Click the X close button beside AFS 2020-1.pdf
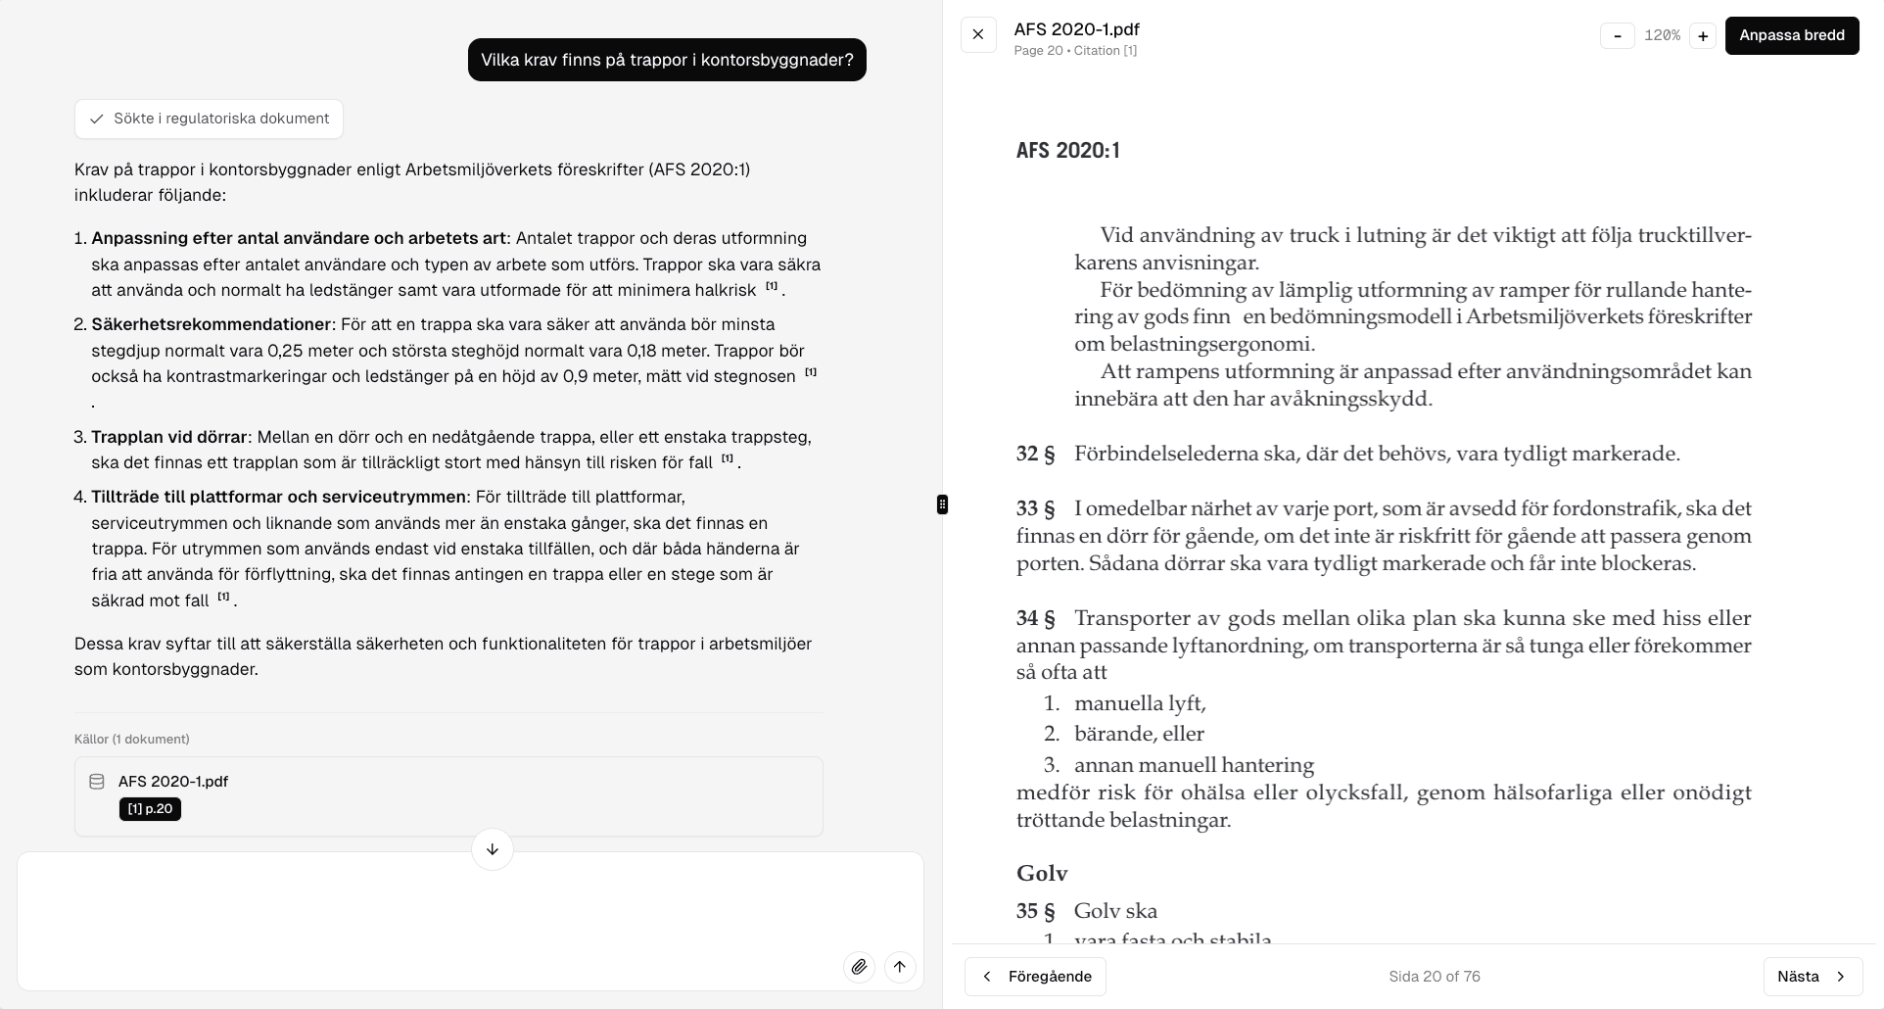978,35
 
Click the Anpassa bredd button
1791,35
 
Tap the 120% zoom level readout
1661,36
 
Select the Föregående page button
1035,977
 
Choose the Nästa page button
1813,977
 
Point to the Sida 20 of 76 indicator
1434,977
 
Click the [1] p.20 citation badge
150,809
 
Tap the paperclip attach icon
859,968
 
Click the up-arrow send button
900,968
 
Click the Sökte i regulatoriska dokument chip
209,119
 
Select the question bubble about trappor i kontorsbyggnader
667,60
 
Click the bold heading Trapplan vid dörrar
169,437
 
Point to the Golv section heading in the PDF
1042,874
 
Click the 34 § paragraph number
1035,618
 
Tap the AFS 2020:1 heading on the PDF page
1067,151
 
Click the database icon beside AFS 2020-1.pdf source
97,782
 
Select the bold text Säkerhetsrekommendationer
211,324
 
